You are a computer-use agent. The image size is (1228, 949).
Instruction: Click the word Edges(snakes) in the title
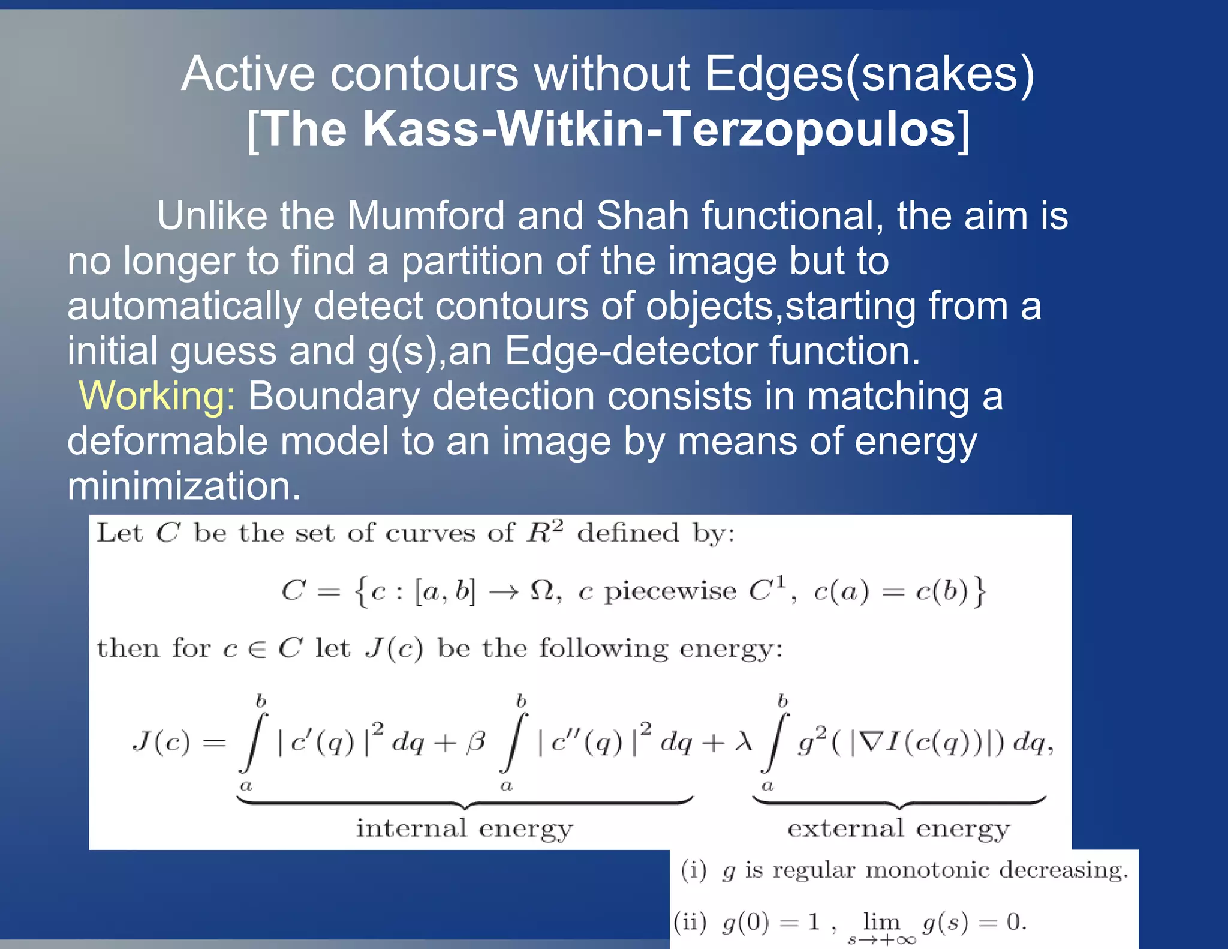coord(869,74)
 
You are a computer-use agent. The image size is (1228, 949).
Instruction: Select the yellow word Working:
coord(157,396)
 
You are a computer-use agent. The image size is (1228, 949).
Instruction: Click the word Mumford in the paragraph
coord(426,215)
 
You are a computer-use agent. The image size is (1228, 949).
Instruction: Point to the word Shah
coord(642,215)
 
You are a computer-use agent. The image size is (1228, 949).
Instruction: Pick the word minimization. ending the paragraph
coord(183,486)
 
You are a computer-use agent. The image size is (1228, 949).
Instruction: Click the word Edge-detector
coord(630,351)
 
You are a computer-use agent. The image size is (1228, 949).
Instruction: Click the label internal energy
coord(465,828)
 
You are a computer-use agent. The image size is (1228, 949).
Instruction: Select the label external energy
coord(898,828)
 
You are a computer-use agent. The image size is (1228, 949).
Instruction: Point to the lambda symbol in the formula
coord(744,743)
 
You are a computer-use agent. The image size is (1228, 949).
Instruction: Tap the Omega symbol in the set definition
coord(542,591)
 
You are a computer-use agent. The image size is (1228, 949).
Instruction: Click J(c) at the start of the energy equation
coord(161,743)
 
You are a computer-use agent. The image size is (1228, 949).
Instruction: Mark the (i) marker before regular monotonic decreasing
coord(694,870)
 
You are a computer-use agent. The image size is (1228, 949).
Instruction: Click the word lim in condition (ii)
coord(881,921)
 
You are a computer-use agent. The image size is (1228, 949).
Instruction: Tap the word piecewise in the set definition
coord(670,592)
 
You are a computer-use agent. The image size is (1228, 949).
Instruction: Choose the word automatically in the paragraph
coord(184,306)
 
